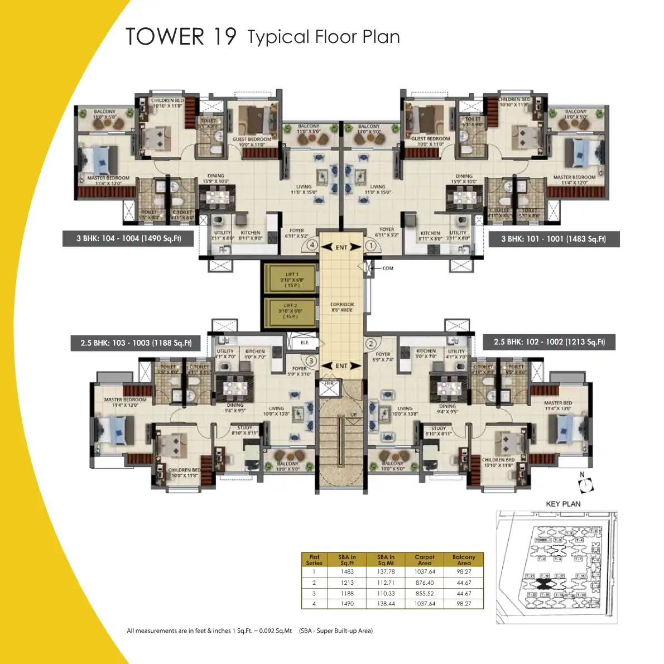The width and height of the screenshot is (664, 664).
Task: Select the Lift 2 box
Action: tap(290, 311)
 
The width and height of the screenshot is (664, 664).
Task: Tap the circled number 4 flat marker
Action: tap(312, 245)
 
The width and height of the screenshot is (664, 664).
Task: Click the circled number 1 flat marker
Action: tap(370, 245)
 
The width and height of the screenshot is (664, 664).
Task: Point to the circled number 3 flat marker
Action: tap(311, 361)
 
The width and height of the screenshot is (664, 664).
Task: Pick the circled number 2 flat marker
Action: tap(371, 344)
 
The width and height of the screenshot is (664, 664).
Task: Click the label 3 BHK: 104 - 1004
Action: tap(129, 238)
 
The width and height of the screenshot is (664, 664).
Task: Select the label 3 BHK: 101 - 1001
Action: tap(554, 239)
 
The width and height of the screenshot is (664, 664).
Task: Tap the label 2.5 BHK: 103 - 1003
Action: tap(136, 343)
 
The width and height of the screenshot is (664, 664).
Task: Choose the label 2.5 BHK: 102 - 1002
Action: tap(549, 341)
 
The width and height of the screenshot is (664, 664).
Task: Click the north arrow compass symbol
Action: tap(585, 485)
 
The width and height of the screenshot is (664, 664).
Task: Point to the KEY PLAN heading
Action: tap(563, 504)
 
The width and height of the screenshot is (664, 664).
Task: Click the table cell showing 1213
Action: tap(347, 583)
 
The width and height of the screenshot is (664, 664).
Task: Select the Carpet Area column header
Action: tap(425, 560)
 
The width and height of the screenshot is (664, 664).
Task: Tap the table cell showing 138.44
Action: tap(386, 604)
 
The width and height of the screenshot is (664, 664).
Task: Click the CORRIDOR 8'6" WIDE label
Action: tap(342, 307)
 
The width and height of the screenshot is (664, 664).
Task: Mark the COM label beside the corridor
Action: tap(388, 268)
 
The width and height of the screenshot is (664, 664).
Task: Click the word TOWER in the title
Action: tap(165, 37)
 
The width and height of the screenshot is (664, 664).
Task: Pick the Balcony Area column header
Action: tap(464, 560)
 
